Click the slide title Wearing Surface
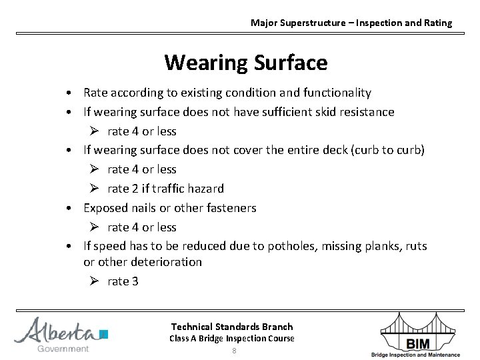[245, 63]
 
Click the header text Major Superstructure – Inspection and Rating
[351, 23]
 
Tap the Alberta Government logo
[61, 335]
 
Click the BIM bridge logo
[417, 334]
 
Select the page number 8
[234, 351]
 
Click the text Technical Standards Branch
[231, 326]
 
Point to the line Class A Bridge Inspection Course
[231, 338]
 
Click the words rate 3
[123, 281]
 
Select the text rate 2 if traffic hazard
[165, 189]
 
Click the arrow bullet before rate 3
[94, 281]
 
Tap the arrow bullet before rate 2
[94, 189]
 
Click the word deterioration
[167, 262]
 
